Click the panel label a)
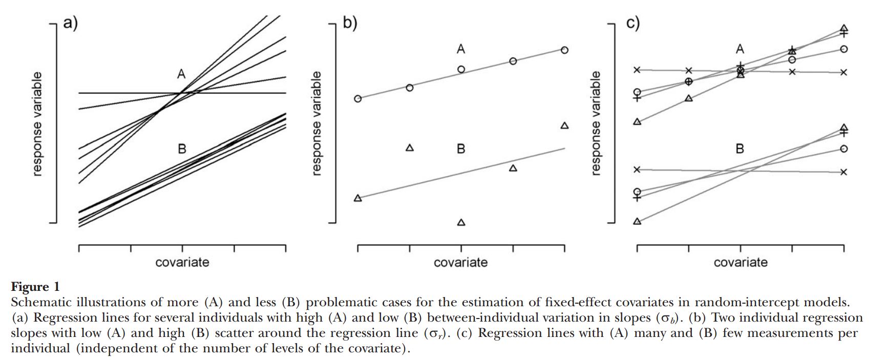click(x=70, y=24)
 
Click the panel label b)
click(x=349, y=24)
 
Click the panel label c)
click(x=633, y=24)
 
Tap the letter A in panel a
click(x=181, y=75)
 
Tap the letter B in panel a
click(x=182, y=150)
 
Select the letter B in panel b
click(x=461, y=149)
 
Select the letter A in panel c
click(x=740, y=50)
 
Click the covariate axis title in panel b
click(x=460, y=263)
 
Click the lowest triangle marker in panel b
click(x=461, y=222)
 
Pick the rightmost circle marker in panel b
click(x=564, y=50)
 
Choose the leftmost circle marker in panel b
click(x=358, y=98)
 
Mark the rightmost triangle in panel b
click(x=564, y=125)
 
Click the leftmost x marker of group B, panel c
click(x=637, y=170)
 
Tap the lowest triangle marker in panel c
click(x=637, y=221)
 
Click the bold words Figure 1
click(x=35, y=286)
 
